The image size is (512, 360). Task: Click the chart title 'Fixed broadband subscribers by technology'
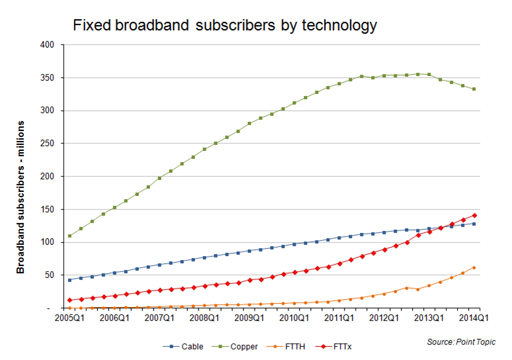pos(224,26)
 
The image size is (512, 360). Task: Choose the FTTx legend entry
pos(336,346)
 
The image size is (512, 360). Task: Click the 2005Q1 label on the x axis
pos(69,318)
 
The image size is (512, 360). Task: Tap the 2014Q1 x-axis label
pos(474,318)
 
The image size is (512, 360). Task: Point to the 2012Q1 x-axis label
pos(384,318)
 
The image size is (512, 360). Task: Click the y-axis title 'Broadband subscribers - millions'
pos(21,197)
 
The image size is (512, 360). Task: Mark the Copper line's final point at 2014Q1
pos(474,89)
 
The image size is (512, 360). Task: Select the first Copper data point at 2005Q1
pos(69,236)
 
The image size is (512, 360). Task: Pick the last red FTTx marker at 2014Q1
pos(474,215)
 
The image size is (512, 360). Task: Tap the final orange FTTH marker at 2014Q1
pos(474,267)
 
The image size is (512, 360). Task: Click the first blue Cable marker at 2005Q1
pos(69,280)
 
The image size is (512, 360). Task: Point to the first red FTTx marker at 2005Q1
pos(69,300)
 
